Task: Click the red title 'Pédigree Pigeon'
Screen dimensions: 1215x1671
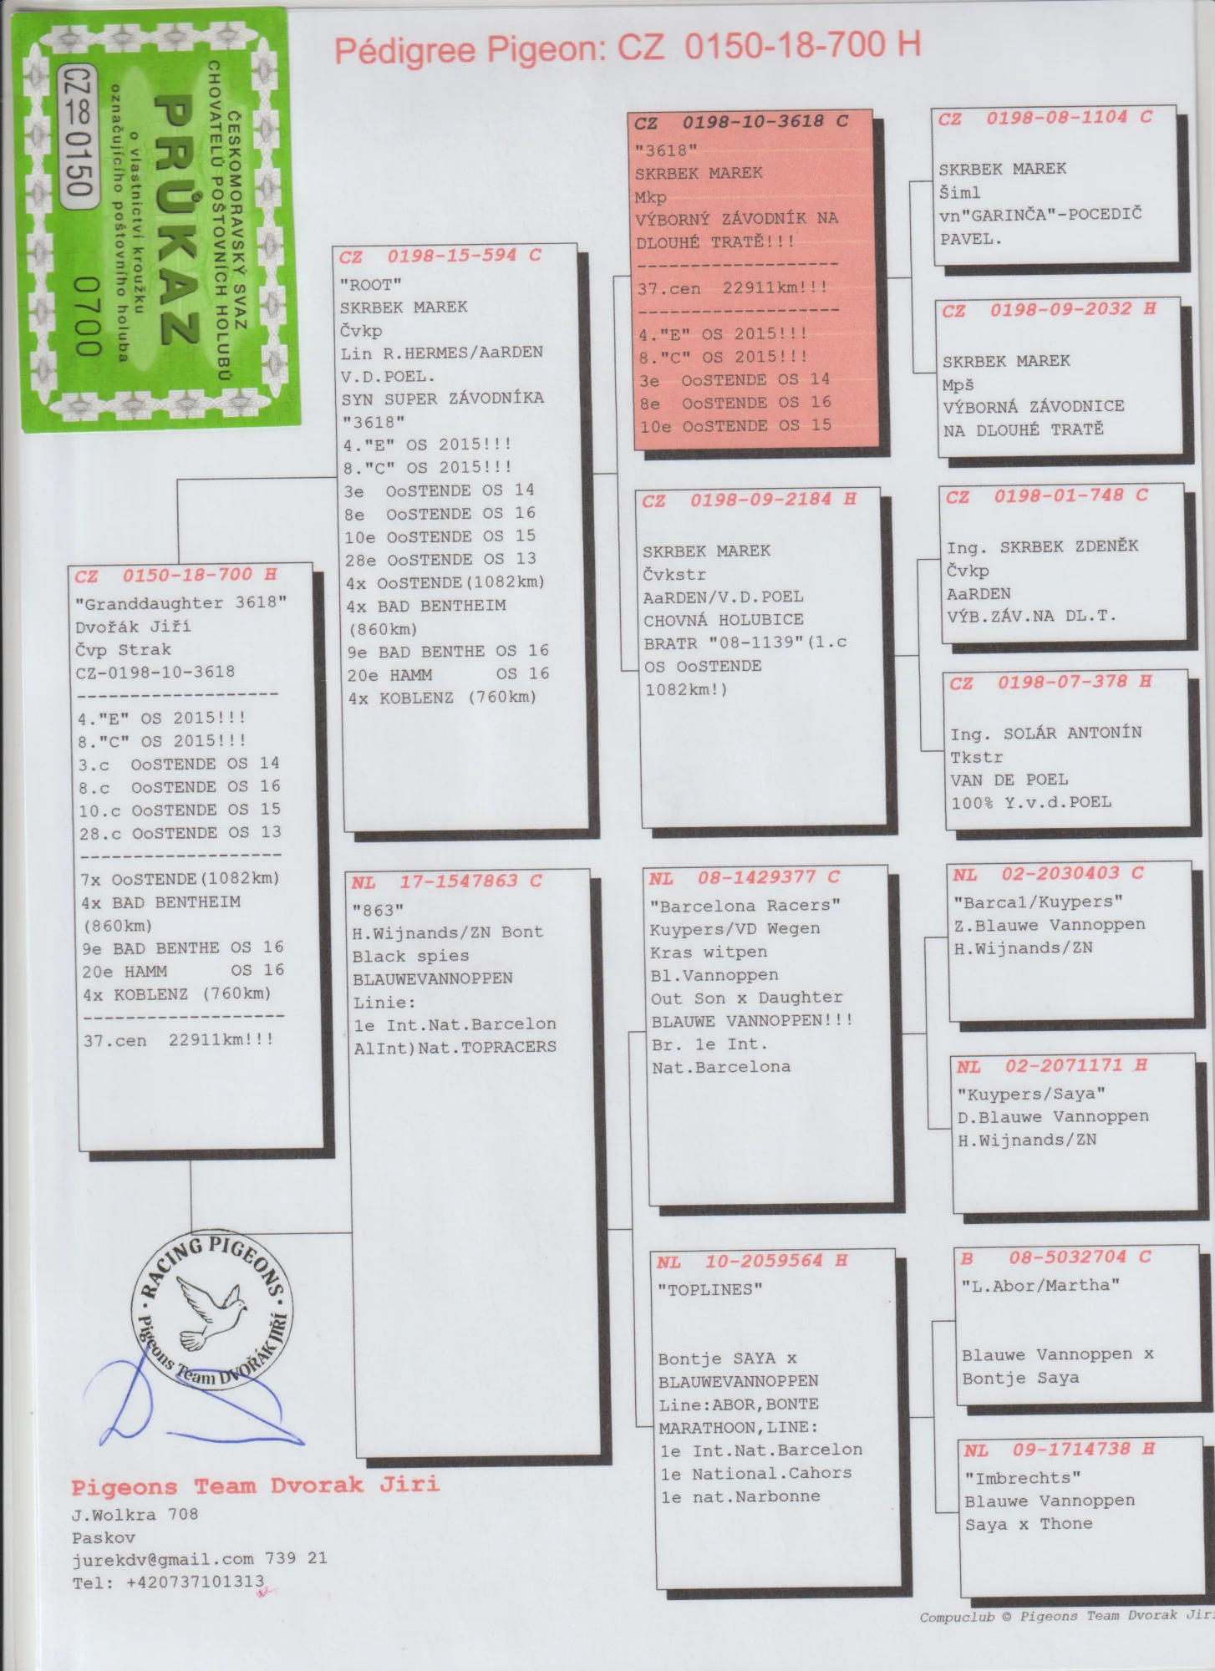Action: point(470,50)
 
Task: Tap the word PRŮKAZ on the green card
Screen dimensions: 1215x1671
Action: point(175,220)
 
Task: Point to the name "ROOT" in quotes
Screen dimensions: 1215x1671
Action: point(371,284)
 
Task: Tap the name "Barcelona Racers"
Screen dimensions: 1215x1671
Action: point(745,906)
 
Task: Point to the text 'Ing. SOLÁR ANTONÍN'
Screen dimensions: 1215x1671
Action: point(1045,734)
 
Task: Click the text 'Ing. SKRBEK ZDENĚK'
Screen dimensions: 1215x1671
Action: point(1042,547)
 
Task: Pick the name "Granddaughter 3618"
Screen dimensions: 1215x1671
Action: point(180,603)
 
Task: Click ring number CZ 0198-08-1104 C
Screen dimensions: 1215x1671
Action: point(1045,118)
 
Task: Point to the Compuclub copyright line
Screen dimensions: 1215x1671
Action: point(1067,1617)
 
